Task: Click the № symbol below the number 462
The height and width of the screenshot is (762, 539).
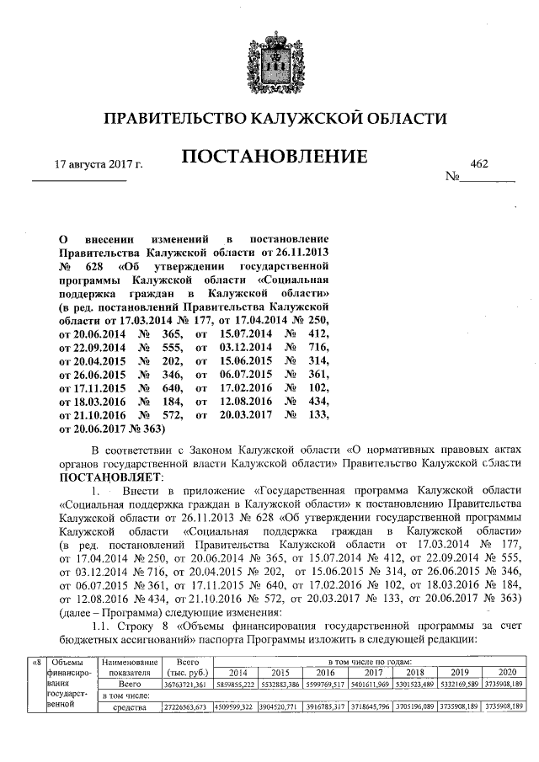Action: pyautogui.click(x=451, y=177)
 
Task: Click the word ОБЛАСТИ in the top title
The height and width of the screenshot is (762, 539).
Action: pyautogui.click(x=403, y=120)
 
